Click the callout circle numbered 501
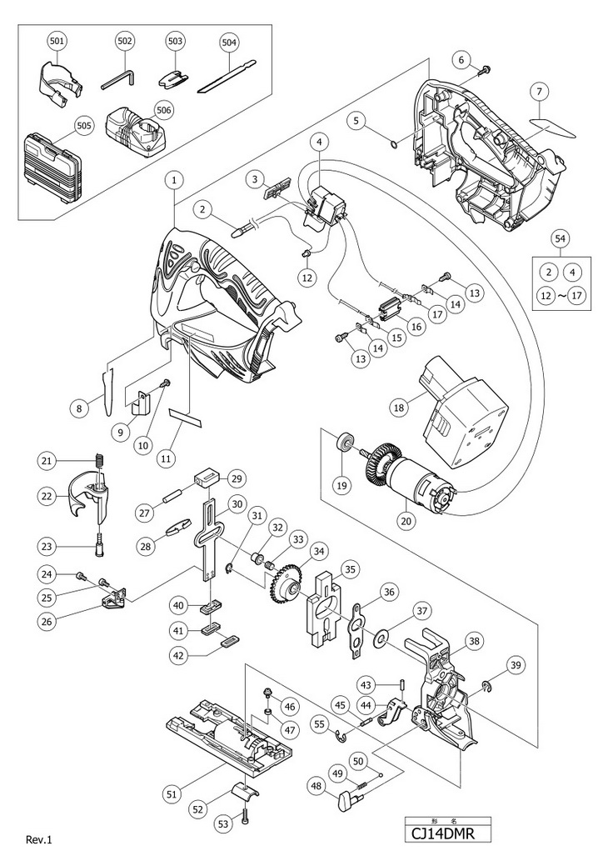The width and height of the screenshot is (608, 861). (x=57, y=40)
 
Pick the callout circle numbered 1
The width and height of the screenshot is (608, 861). (x=173, y=178)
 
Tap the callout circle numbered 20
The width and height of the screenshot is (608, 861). (x=406, y=523)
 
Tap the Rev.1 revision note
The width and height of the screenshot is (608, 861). (x=39, y=839)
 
